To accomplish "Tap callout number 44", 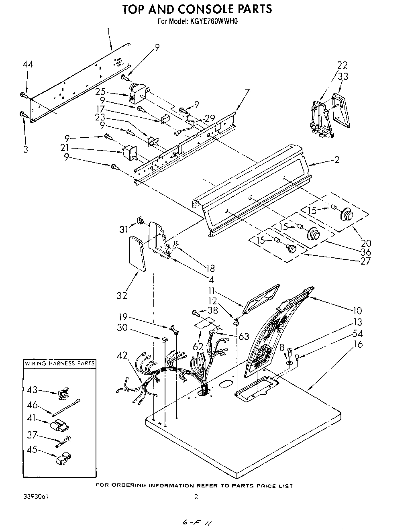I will (x=27, y=65).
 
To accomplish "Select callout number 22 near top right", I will (x=342, y=65).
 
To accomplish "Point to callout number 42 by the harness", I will (x=123, y=355).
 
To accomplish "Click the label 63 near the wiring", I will (x=244, y=336).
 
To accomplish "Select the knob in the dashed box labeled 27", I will (x=291, y=249).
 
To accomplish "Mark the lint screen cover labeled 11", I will (x=261, y=300).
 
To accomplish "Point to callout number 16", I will (x=358, y=344).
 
